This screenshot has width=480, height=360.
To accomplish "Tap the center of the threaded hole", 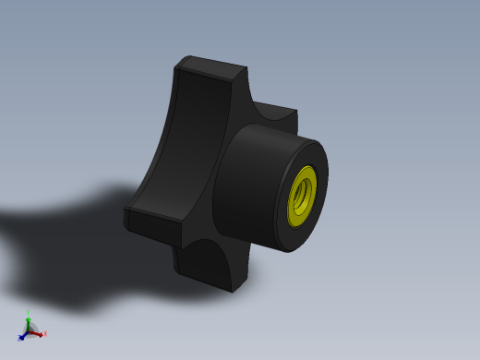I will tap(303, 196).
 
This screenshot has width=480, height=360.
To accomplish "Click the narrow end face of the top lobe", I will tap(210, 67).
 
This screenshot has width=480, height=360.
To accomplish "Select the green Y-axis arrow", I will tap(29, 319).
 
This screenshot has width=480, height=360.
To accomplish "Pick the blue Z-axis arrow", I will tap(23, 336).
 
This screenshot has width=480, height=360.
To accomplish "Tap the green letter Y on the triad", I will tap(29, 313).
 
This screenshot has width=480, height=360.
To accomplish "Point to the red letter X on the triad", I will tap(43, 334).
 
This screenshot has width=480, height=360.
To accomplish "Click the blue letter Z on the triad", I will tap(18, 339).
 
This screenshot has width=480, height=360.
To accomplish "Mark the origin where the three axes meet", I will tap(30, 330).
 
